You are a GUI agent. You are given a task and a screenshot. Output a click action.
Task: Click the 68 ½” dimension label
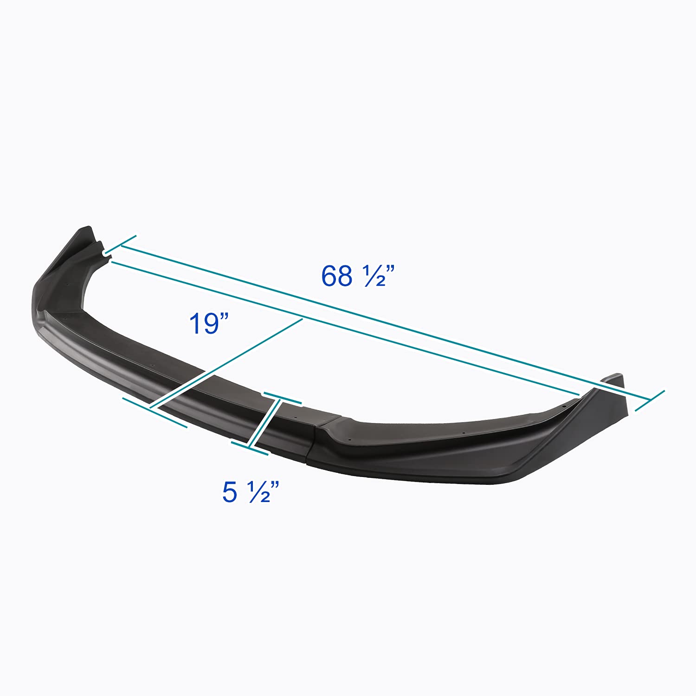click(358, 277)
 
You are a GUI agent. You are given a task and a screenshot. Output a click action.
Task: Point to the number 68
click(337, 277)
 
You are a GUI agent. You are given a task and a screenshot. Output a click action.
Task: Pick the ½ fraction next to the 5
click(259, 493)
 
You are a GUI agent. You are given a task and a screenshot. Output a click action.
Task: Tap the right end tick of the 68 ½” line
click(650, 400)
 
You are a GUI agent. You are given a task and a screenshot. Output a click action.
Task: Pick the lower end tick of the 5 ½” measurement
click(250, 448)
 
